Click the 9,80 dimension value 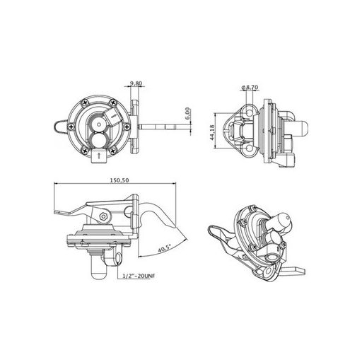[x=136, y=83]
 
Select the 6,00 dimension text [x=187, y=113]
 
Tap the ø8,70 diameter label [x=250, y=88]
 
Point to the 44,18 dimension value [x=212, y=132]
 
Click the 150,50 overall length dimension [x=119, y=180]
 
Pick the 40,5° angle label [x=164, y=249]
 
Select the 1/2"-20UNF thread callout [x=139, y=276]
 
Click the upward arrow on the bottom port [x=99, y=156]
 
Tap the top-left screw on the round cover [x=85, y=103]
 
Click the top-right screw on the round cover [x=114, y=103]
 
